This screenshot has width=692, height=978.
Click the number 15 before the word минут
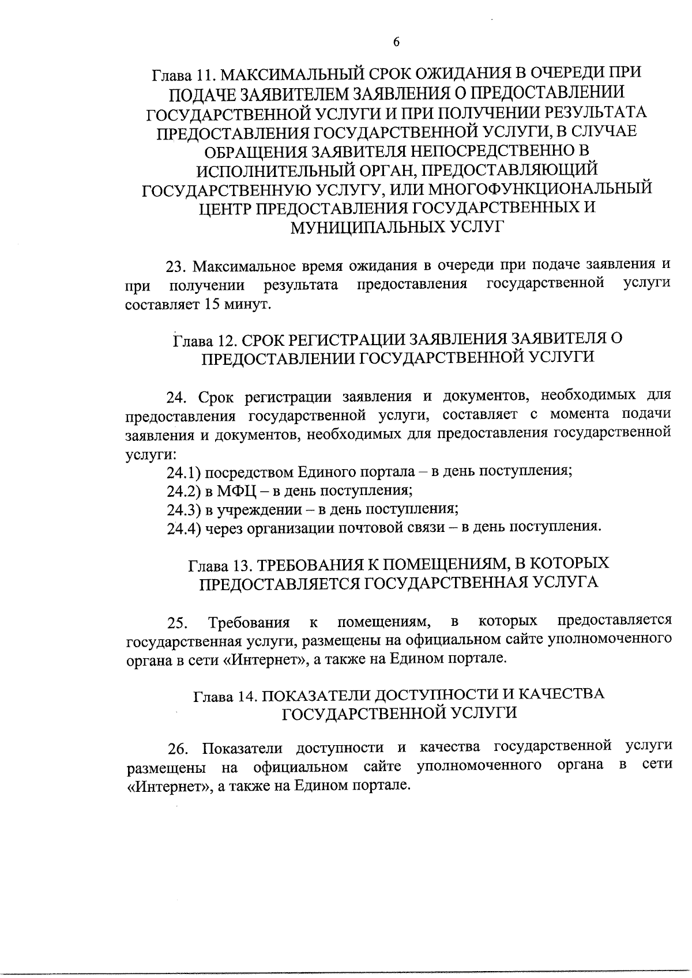click(211, 304)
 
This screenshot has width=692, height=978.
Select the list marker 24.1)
click(183, 473)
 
